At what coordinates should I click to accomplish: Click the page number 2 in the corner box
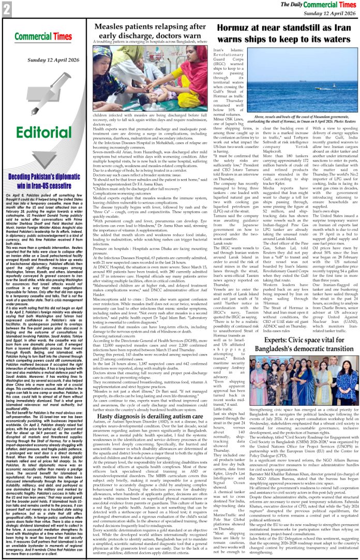7,9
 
